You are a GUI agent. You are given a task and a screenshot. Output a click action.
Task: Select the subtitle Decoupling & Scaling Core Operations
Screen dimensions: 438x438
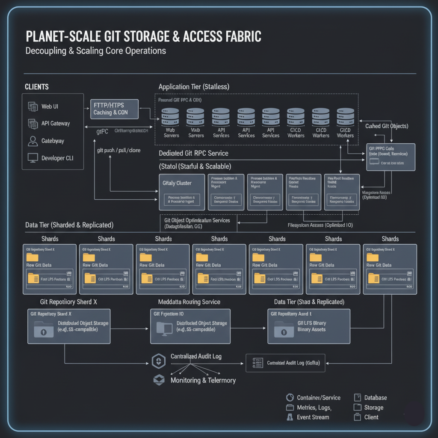tap(96, 51)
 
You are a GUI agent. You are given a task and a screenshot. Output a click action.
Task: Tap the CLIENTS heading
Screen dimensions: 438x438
tap(37, 87)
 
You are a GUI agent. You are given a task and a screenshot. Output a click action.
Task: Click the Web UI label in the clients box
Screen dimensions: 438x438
tap(50, 107)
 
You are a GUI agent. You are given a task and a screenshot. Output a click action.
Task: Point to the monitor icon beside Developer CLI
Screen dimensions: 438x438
tap(33, 158)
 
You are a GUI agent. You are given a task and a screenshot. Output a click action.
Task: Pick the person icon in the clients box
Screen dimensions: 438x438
tap(33, 141)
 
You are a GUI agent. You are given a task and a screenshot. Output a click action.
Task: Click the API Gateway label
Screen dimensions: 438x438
tap(56, 124)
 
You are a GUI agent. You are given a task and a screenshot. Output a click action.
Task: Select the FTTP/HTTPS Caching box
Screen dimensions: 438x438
tap(115, 109)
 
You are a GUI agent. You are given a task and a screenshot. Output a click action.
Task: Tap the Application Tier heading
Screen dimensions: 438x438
tap(194, 87)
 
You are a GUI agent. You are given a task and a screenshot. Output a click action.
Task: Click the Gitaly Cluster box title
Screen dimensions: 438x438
tap(177, 183)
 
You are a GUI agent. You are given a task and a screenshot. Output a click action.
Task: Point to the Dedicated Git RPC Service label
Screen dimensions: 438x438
tap(193, 153)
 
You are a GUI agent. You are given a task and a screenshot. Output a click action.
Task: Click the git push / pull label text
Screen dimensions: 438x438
tap(119, 151)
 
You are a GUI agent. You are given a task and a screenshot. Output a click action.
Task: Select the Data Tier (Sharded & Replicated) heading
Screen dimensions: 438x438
tap(69, 225)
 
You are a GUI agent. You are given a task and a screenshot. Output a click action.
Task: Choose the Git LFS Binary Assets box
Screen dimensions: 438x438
tap(309, 326)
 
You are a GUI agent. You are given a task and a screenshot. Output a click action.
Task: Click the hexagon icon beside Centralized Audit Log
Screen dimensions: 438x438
tap(159, 361)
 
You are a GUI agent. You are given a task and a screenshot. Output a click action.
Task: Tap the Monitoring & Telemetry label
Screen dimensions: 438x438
tap(203, 380)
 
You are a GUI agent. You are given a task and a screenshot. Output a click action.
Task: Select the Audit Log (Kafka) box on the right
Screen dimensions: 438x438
tap(285, 363)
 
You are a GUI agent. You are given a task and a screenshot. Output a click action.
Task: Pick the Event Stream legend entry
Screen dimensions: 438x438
tap(313, 417)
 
